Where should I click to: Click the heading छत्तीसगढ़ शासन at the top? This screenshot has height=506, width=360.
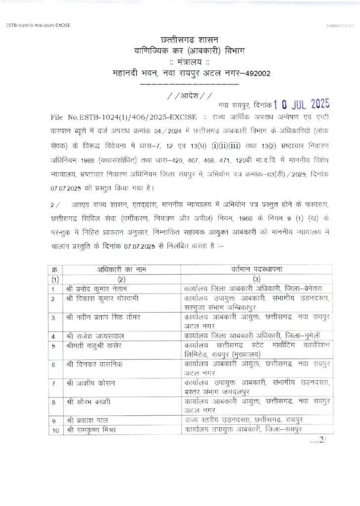[x=189, y=39]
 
